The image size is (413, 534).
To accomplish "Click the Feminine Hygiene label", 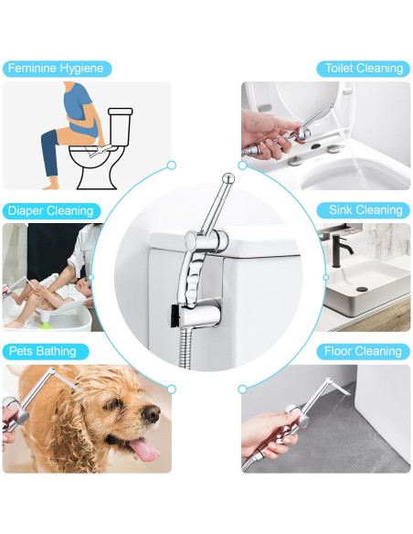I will [57, 69].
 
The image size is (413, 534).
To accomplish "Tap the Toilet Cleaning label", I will [363, 69].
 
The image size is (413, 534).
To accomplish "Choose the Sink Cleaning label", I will [365, 210].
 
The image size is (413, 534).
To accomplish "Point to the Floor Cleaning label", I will [363, 351].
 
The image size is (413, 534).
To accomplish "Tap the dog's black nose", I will [151, 414].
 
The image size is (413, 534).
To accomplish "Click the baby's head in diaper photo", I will [82, 290].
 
